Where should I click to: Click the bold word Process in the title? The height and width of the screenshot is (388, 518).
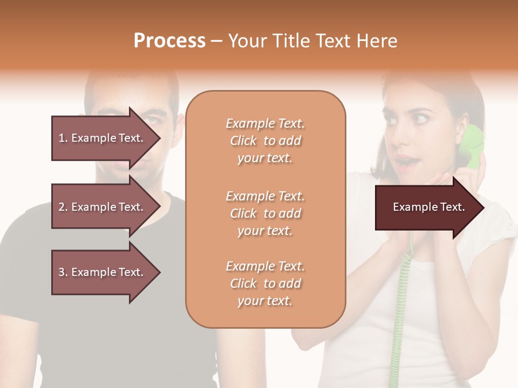[169, 40]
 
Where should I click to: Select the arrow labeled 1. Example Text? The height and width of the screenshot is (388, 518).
[103, 137]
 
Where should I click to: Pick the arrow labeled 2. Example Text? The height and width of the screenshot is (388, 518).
[103, 206]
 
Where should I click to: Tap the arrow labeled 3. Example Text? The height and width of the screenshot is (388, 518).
[103, 272]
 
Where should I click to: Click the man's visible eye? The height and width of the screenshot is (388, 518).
[155, 120]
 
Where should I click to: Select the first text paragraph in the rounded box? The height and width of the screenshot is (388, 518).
[265, 141]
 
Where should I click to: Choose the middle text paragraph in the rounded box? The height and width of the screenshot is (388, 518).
[265, 213]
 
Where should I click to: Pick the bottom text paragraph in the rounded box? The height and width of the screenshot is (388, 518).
[265, 283]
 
